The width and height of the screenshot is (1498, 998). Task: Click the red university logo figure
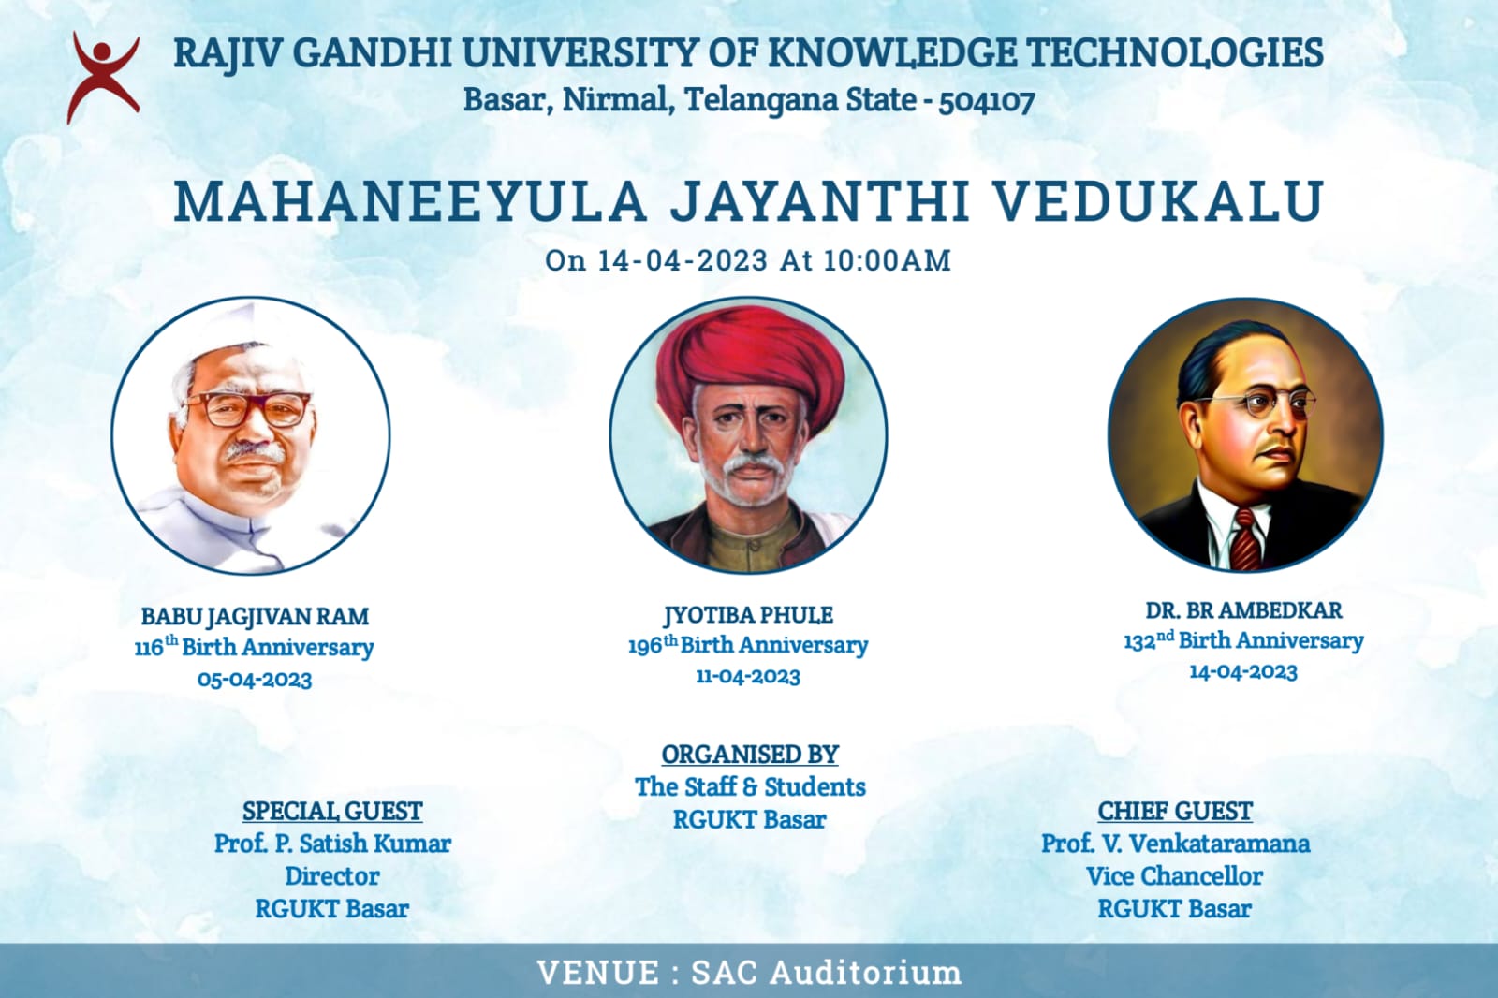tap(104, 77)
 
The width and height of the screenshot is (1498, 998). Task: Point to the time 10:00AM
tap(887, 260)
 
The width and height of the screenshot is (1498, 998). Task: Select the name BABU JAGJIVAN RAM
tap(255, 616)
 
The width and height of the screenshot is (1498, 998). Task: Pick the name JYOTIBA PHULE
tap(748, 614)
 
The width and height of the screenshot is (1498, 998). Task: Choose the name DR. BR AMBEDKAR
tap(1243, 610)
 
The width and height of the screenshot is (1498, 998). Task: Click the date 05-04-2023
tap(255, 680)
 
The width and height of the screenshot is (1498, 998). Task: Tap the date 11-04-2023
tap(748, 676)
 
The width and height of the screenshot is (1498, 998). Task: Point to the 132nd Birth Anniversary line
tap(1243, 640)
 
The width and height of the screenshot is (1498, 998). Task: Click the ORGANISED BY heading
tap(750, 755)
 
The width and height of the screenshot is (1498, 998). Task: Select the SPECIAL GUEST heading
tap(332, 812)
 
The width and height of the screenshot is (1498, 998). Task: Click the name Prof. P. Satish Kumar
tap(332, 844)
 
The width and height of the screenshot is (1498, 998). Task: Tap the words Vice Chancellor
tap(1174, 876)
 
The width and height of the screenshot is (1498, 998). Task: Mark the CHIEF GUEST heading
tap(1175, 812)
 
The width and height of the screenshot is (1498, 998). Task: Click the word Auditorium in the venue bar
tap(865, 973)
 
